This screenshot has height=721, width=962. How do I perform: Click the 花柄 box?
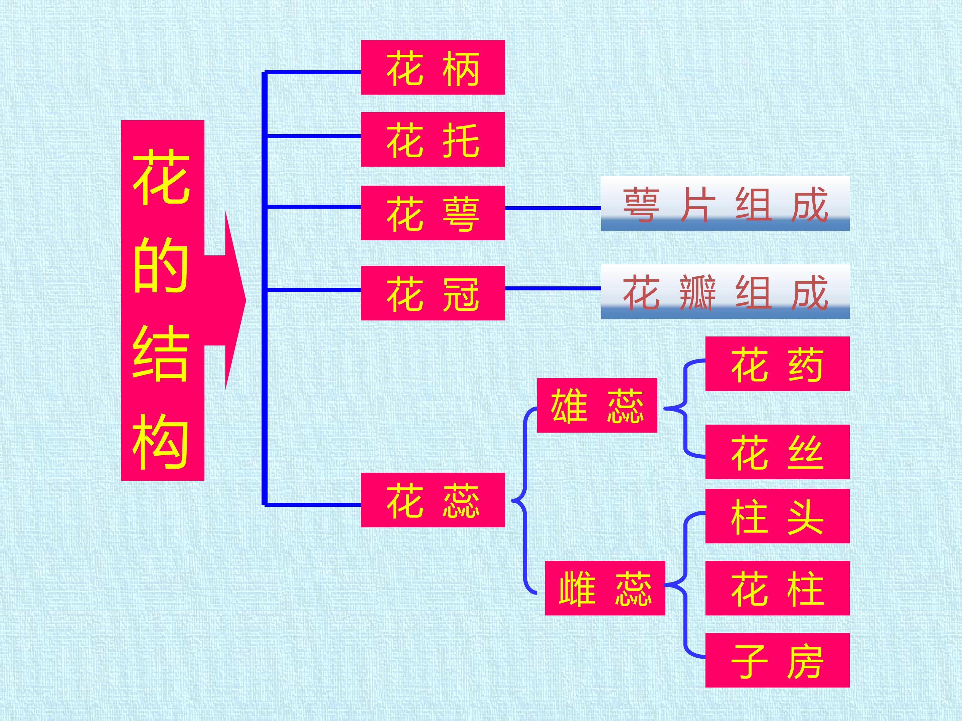pos(433,67)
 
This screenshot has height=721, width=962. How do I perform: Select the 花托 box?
pos(433,139)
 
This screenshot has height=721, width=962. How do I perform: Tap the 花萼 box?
pos(433,213)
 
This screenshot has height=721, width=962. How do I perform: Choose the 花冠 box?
pos(433,293)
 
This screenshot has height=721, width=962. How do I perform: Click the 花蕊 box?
pos(433,500)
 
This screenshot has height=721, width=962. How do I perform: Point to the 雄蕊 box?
pos(597,405)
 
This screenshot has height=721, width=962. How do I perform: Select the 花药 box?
pos(778,364)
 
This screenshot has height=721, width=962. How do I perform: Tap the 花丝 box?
pos(778,452)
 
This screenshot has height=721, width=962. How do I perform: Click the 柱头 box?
pos(778,516)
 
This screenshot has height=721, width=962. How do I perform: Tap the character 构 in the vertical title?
pos(161,441)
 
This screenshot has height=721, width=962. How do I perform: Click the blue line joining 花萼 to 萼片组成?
pos(553,208)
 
